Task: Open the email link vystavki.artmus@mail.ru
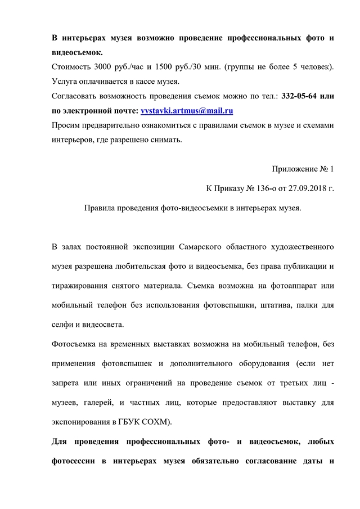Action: [187, 111]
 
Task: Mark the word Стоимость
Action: [70, 67]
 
